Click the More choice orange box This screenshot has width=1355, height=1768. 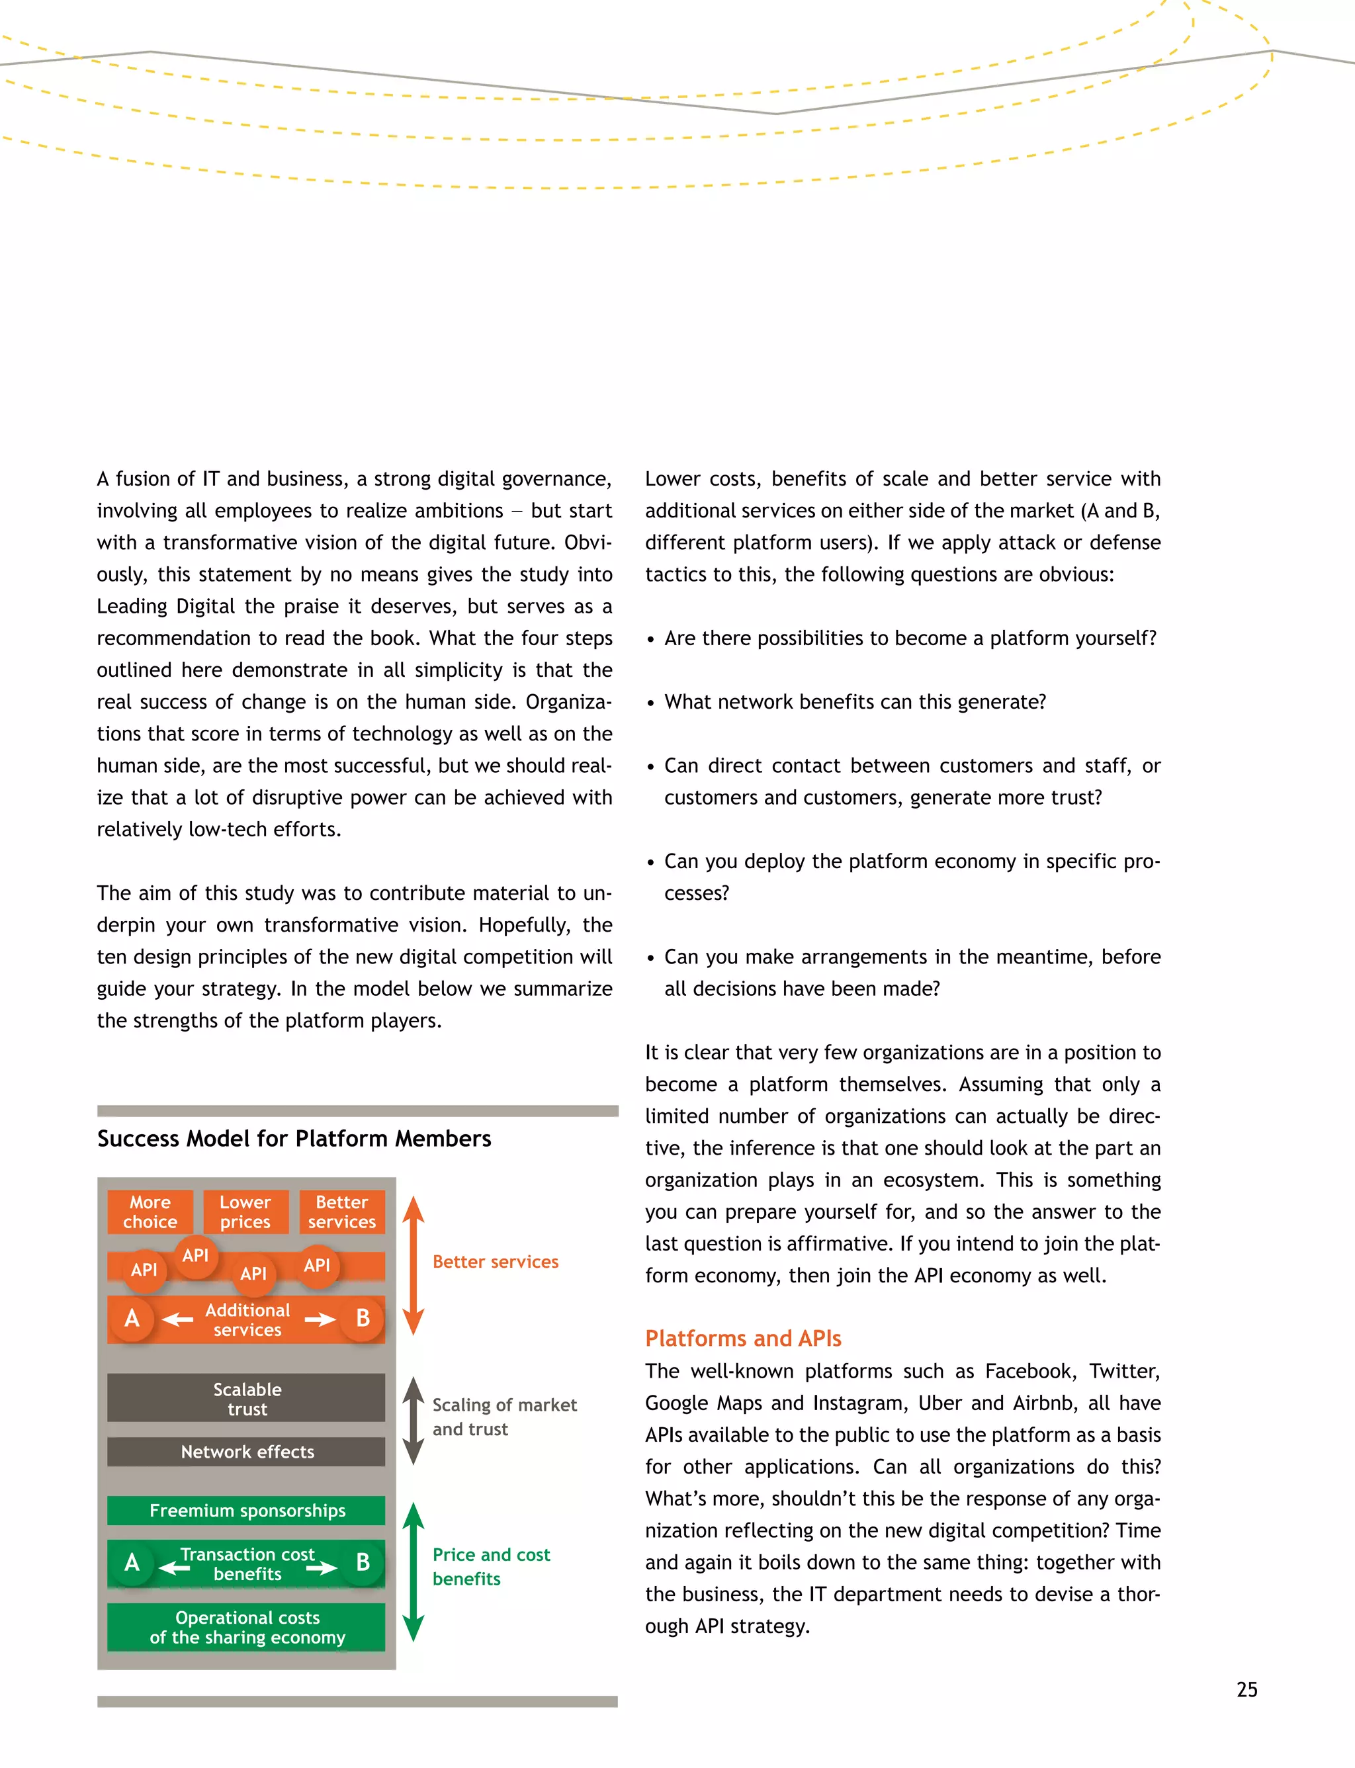(x=150, y=1212)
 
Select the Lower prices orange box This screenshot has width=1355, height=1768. (x=245, y=1212)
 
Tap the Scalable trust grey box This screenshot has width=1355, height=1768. (x=246, y=1397)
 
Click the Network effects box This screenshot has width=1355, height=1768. (x=246, y=1451)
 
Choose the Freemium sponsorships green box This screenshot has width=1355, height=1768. (x=246, y=1510)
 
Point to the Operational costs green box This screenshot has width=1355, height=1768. (x=246, y=1627)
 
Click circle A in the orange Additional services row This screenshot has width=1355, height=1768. (x=132, y=1318)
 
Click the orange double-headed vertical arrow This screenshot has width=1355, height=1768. (x=413, y=1264)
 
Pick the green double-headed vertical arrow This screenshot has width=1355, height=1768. (x=413, y=1571)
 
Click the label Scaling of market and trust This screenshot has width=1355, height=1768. (x=504, y=1417)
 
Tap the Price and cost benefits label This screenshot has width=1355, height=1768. (x=490, y=1566)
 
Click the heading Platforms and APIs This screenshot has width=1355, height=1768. (x=743, y=1338)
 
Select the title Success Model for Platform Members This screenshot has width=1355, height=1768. (x=294, y=1138)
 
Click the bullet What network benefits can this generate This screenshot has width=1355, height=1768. (x=854, y=702)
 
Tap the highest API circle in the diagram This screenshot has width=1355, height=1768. (x=195, y=1255)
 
